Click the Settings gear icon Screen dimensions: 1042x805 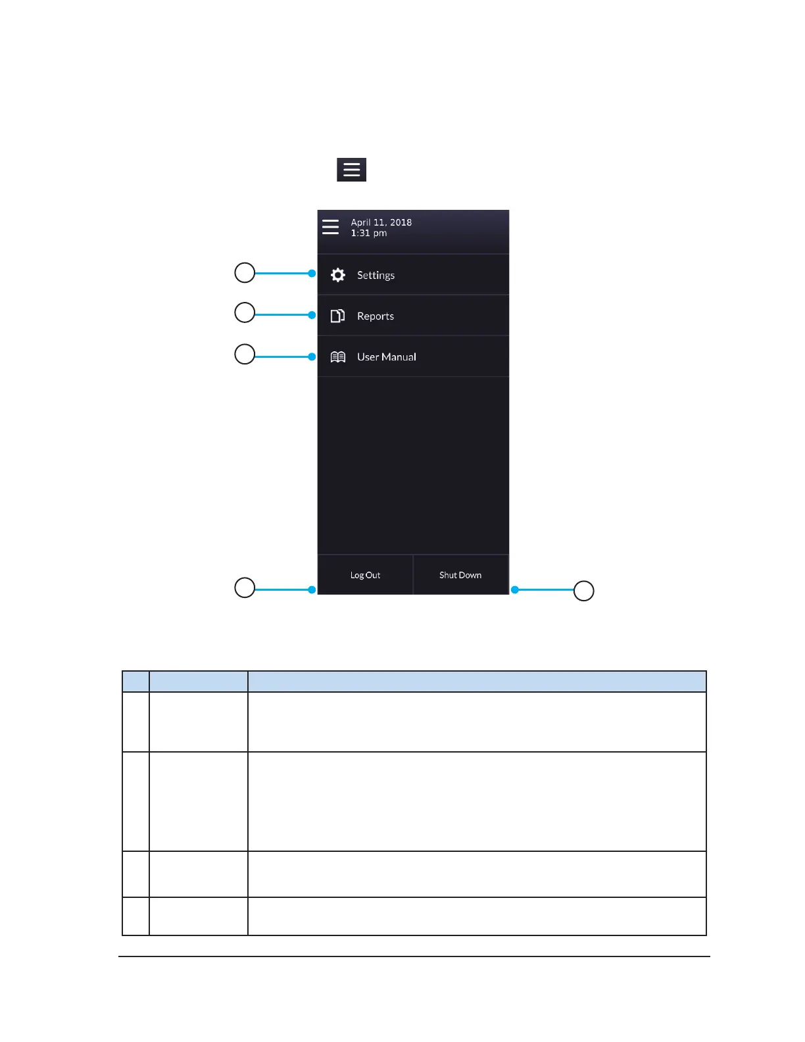338,275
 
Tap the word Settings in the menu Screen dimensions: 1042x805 376,275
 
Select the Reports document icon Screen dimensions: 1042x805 337,316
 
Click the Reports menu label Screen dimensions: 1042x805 375,316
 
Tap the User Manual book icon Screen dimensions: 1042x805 338,357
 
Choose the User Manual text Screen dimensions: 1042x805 386,357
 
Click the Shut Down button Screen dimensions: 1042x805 460,575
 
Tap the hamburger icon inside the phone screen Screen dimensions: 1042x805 331,227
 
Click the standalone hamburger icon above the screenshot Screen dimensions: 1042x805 352,170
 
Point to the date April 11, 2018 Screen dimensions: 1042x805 381,222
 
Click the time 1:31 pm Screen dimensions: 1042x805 368,233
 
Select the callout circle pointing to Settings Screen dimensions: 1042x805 245,272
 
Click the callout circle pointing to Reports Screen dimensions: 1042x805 245,312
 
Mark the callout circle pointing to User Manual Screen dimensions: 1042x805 245,354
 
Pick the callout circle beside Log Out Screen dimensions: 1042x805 245,587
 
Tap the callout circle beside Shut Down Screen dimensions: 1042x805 584,591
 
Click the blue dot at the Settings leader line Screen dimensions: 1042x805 312,273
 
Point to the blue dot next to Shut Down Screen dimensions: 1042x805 515,590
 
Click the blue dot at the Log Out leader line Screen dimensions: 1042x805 312,590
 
